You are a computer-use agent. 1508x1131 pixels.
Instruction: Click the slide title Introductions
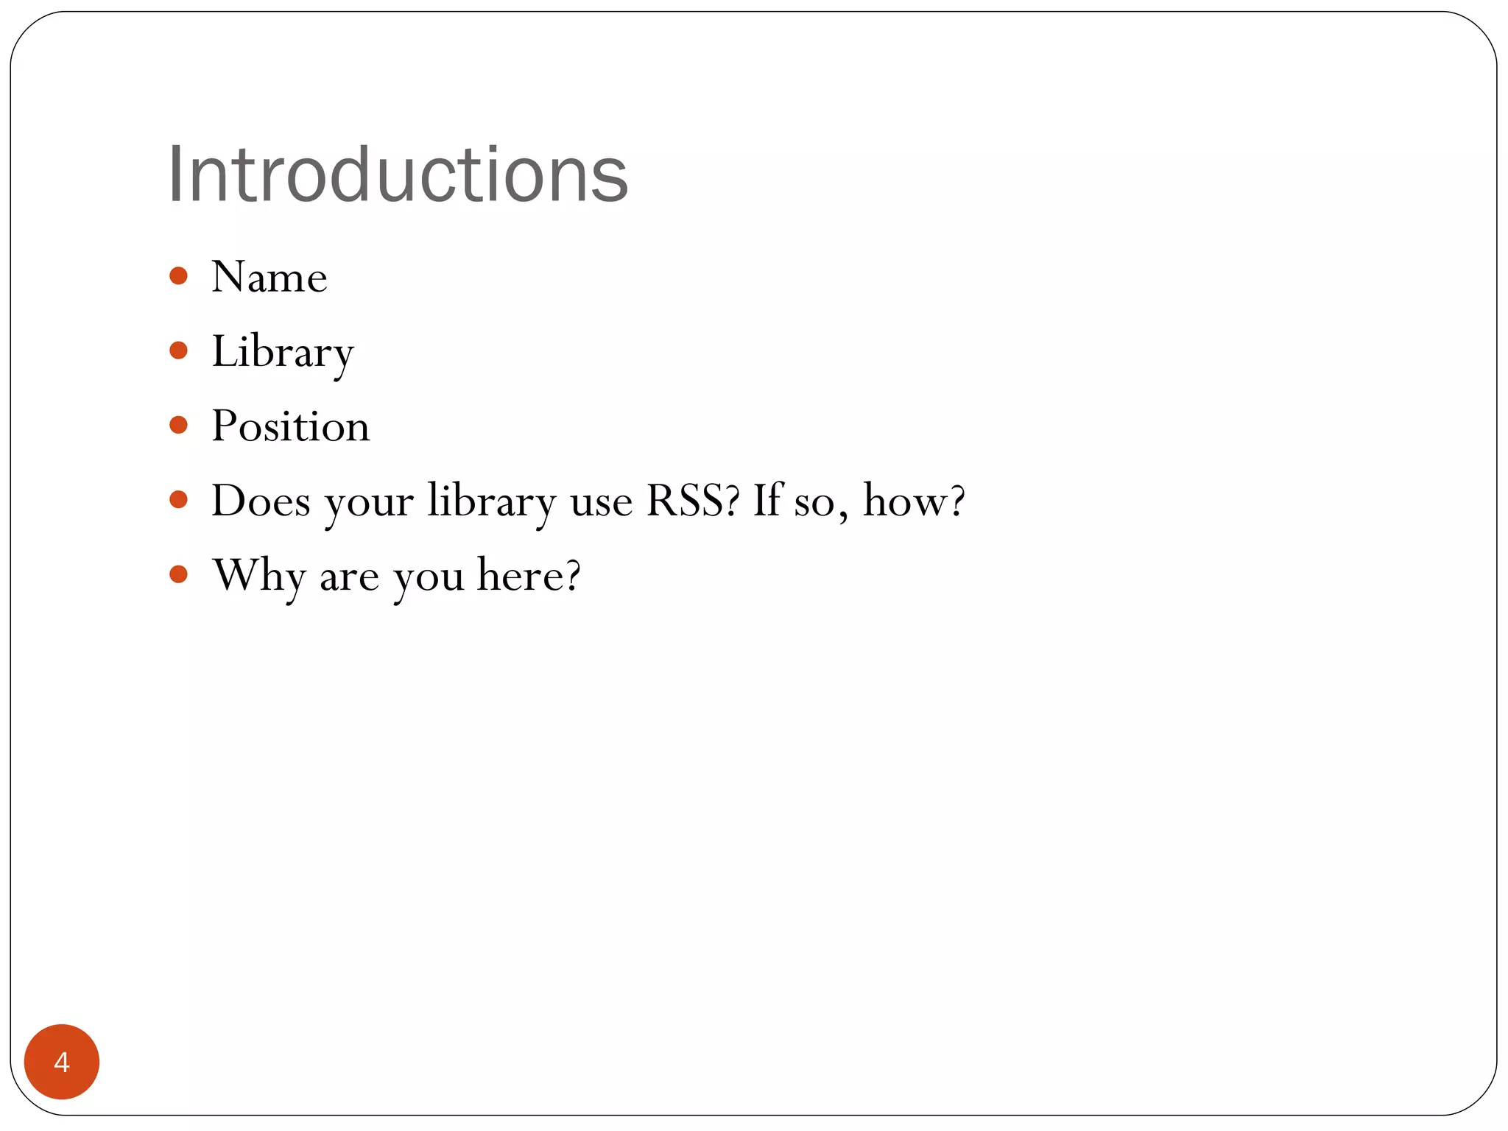point(398,175)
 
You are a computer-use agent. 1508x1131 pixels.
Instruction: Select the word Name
point(269,278)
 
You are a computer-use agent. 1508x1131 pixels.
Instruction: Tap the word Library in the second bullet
point(283,352)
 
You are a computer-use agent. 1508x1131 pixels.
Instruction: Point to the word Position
point(291,426)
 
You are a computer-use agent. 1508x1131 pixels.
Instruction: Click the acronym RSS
point(691,501)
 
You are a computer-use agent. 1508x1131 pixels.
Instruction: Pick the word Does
point(261,501)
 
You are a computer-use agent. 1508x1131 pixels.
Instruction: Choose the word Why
point(258,576)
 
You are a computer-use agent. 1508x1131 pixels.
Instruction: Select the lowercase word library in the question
point(492,501)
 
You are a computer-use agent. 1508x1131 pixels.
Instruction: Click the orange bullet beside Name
point(178,276)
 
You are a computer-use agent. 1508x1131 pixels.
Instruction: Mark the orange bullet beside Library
point(178,350)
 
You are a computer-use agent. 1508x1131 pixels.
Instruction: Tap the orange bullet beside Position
point(178,425)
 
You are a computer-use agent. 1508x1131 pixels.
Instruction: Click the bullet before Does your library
point(178,500)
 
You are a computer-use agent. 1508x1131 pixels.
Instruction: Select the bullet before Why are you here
point(178,574)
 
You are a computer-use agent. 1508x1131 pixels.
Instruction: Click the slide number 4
point(62,1062)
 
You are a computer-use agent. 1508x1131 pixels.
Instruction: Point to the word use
point(601,503)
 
